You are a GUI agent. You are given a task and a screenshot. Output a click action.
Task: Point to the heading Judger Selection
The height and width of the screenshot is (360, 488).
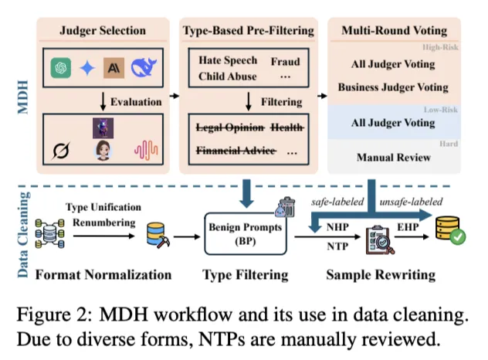[102, 32]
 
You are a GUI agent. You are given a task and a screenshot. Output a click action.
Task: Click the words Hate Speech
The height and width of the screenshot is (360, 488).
[228, 60]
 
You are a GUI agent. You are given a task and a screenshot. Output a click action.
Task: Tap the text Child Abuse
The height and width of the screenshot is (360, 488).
[229, 76]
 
